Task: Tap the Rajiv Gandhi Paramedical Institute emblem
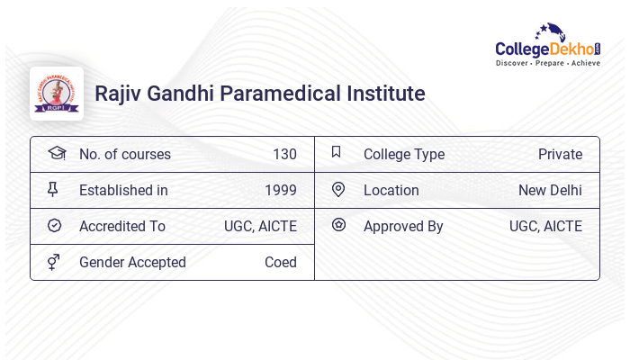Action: coord(57,94)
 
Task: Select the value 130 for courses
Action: coord(284,154)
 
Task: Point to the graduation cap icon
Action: coord(56,153)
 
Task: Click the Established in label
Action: coord(123,190)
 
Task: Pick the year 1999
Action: coord(280,190)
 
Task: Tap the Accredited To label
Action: coord(122,226)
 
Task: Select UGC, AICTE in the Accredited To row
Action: coord(260,226)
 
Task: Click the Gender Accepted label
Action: coord(132,262)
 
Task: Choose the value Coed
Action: coord(280,262)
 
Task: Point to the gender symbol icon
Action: coord(55,262)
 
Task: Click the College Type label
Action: coord(404,154)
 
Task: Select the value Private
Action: coord(560,154)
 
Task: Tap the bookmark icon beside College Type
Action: coord(337,152)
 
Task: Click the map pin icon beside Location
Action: coord(338,189)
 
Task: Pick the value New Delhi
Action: coord(550,190)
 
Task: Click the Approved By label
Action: coord(403,226)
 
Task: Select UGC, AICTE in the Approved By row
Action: coord(545,226)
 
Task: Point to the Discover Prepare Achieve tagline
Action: coord(548,64)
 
